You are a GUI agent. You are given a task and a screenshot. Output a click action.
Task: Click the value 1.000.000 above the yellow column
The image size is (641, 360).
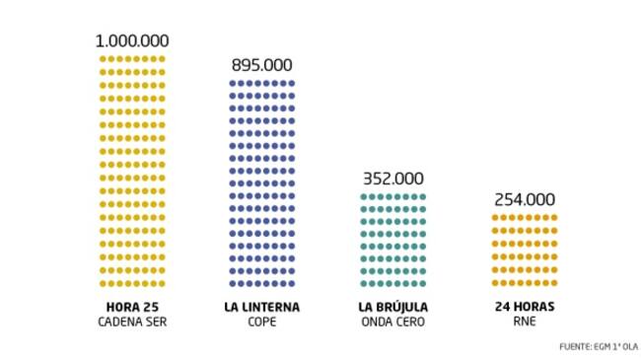[132, 40]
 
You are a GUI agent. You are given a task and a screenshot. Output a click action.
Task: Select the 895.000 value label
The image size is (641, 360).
[262, 65]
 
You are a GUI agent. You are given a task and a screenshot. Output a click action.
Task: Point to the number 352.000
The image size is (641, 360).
[393, 179]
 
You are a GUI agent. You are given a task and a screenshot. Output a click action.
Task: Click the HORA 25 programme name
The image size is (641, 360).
[132, 307]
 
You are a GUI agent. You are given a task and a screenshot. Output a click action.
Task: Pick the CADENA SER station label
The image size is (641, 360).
[132, 322]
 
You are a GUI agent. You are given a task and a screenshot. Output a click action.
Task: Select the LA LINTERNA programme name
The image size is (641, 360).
[262, 307]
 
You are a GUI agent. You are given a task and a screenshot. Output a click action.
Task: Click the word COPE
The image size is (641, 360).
[262, 322]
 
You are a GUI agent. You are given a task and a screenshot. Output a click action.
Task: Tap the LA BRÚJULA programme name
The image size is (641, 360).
[393, 307]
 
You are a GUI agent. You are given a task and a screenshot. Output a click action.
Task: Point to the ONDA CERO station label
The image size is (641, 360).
[393, 322]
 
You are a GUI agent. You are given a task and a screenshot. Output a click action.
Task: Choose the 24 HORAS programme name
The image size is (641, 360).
[524, 307]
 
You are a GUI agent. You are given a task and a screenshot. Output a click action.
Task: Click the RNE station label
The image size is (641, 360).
[524, 322]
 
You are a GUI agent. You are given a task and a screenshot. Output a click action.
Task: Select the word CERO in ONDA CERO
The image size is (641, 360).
[411, 322]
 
